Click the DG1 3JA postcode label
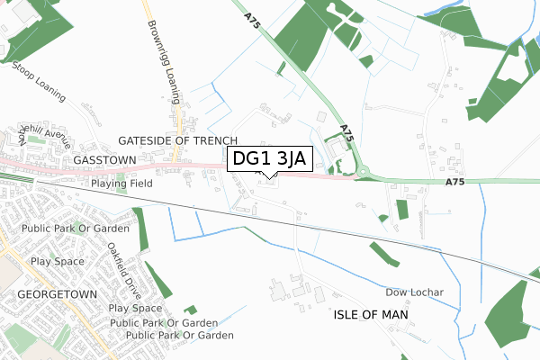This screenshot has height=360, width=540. pos(269,159)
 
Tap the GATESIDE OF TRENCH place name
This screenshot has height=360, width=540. pos(178,141)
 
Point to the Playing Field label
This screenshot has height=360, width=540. pos(121,184)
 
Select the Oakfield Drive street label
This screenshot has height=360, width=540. pos(125,266)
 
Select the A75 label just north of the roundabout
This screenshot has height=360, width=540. pos(346,132)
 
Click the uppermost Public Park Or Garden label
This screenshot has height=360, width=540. pos(76,229)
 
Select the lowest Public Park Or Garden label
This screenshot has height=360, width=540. pos(179,336)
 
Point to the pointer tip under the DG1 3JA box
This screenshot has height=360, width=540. pos(269,175)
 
